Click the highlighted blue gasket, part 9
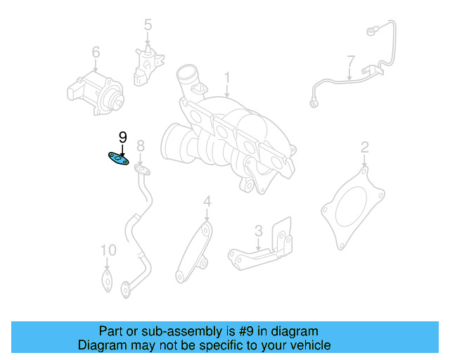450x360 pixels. [x=118, y=159]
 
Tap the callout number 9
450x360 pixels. [x=122, y=137]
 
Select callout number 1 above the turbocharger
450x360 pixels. [x=227, y=77]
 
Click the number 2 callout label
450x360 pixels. [x=364, y=147]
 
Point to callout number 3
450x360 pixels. [x=259, y=231]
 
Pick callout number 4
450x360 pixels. [x=207, y=202]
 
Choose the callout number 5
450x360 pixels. [x=148, y=26]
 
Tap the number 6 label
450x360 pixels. [x=96, y=52]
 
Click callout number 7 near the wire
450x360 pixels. [x=349, y=60]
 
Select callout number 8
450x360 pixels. [x=141, y=146]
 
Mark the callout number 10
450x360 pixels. [x=108, y=250]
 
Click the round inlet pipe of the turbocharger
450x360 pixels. [x=187, y=74]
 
